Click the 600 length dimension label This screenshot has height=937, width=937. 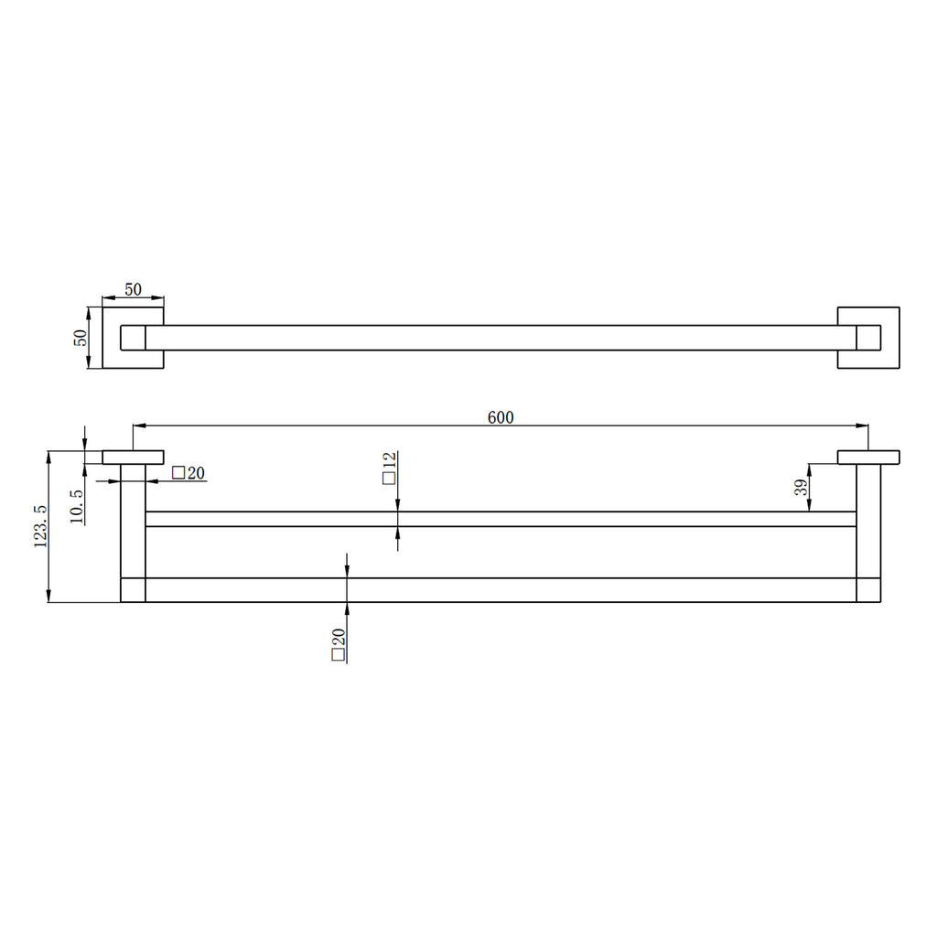tap(501, 417)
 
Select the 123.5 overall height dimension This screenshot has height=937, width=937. tap(40, 526)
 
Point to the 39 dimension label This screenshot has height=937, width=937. tap(802, 487)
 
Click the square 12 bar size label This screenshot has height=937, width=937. tap(389, 468)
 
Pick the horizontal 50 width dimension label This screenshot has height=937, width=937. tap(133, 289)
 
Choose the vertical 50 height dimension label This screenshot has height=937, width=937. tap(81, 338)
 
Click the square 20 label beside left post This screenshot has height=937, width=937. tap(188, 473)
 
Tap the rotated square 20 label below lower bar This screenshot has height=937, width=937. tap(339, 645)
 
